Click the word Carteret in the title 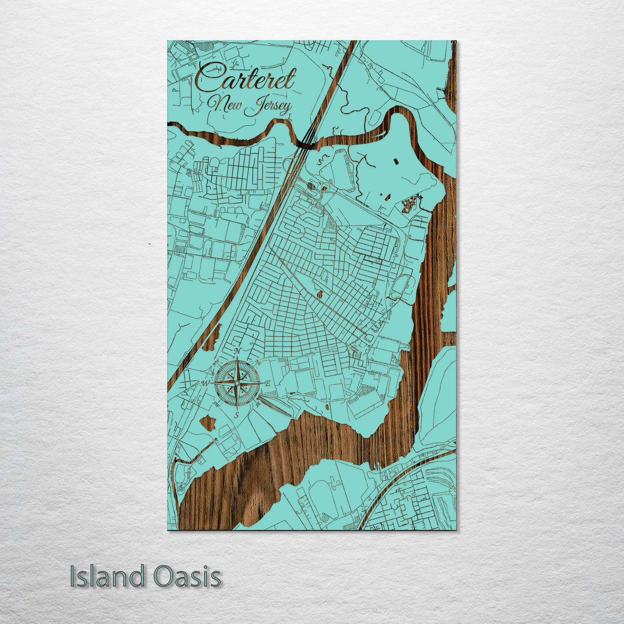[246, 79]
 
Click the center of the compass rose [237, 382]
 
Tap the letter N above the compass [237, 351]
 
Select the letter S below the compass [237, 414]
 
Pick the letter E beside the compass [268, 384]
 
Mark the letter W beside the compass [205, 383]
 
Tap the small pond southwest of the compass [207, 423]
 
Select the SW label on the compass [216, 404]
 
